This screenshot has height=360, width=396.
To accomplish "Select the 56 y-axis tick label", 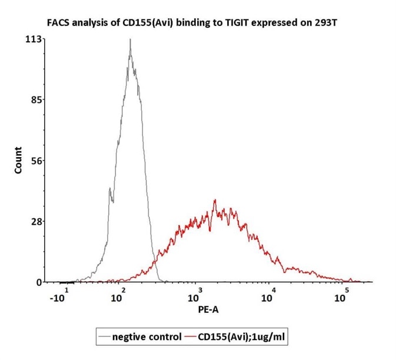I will click(x=36, y=161).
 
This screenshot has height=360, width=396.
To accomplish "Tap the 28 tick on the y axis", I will click(x=36, y=221).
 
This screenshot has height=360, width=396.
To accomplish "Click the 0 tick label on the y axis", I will click(x=39, y=282).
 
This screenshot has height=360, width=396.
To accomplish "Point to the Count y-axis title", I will click(x=18, y=159).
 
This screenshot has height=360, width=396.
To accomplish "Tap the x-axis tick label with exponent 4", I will click(x=269, y=295).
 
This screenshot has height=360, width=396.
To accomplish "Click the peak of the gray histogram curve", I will click(x=129, y=40).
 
